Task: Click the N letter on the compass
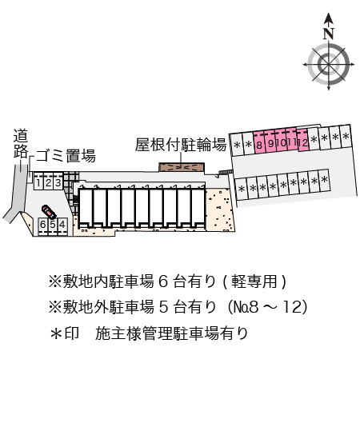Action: pos(328,34)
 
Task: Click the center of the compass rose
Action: pos(328,63)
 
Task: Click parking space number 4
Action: pos(62,225)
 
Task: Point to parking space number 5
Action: pos(52,225)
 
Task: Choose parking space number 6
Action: pos(42,225)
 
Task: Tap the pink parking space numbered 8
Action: pos(260,143)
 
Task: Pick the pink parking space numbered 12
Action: pos(304,143)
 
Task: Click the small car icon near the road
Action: pos(48,212)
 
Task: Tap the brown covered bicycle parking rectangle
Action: pos(182,167)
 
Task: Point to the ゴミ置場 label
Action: pos(66,156)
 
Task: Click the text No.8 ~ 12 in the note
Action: pos(267,306)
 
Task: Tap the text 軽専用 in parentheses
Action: pos(254,281)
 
